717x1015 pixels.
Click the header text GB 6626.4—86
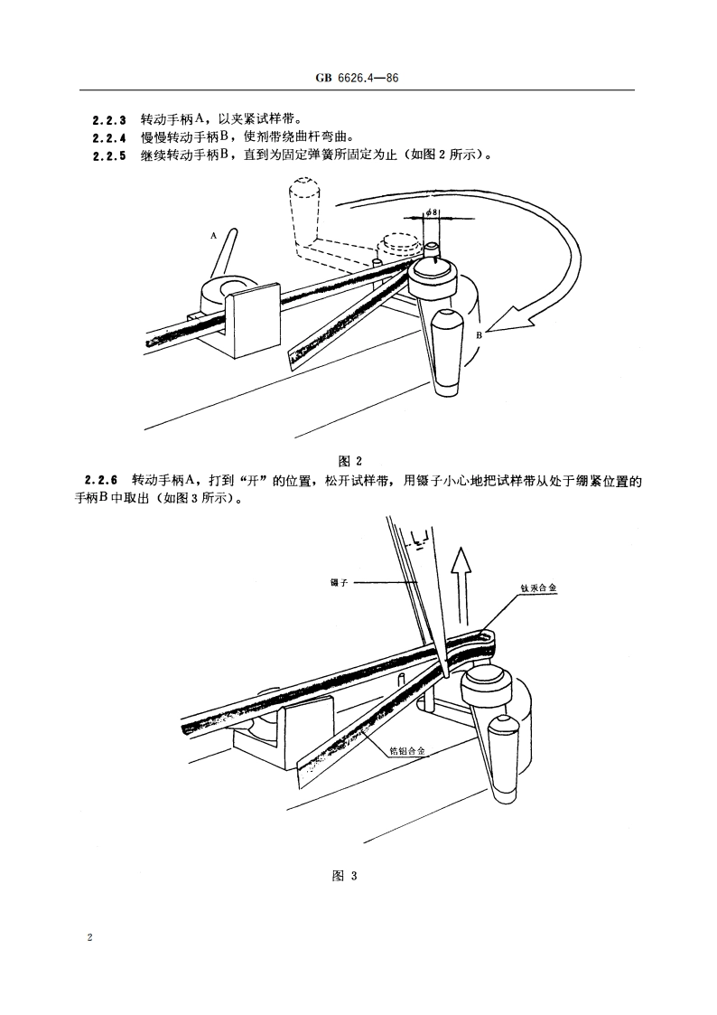(357, 80)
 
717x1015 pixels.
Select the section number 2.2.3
(109, 119)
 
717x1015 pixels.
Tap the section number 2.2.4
(109, 137)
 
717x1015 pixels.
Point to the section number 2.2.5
(109, 155)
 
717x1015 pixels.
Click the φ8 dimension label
(433, 213)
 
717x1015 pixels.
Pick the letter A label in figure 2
(214, 234)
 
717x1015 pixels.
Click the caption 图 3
(346, 874)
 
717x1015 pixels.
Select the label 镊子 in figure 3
(340, 582)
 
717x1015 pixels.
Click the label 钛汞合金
(539, 587)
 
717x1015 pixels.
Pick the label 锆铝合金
(406, 750)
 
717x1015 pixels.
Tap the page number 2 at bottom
(90, 937)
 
